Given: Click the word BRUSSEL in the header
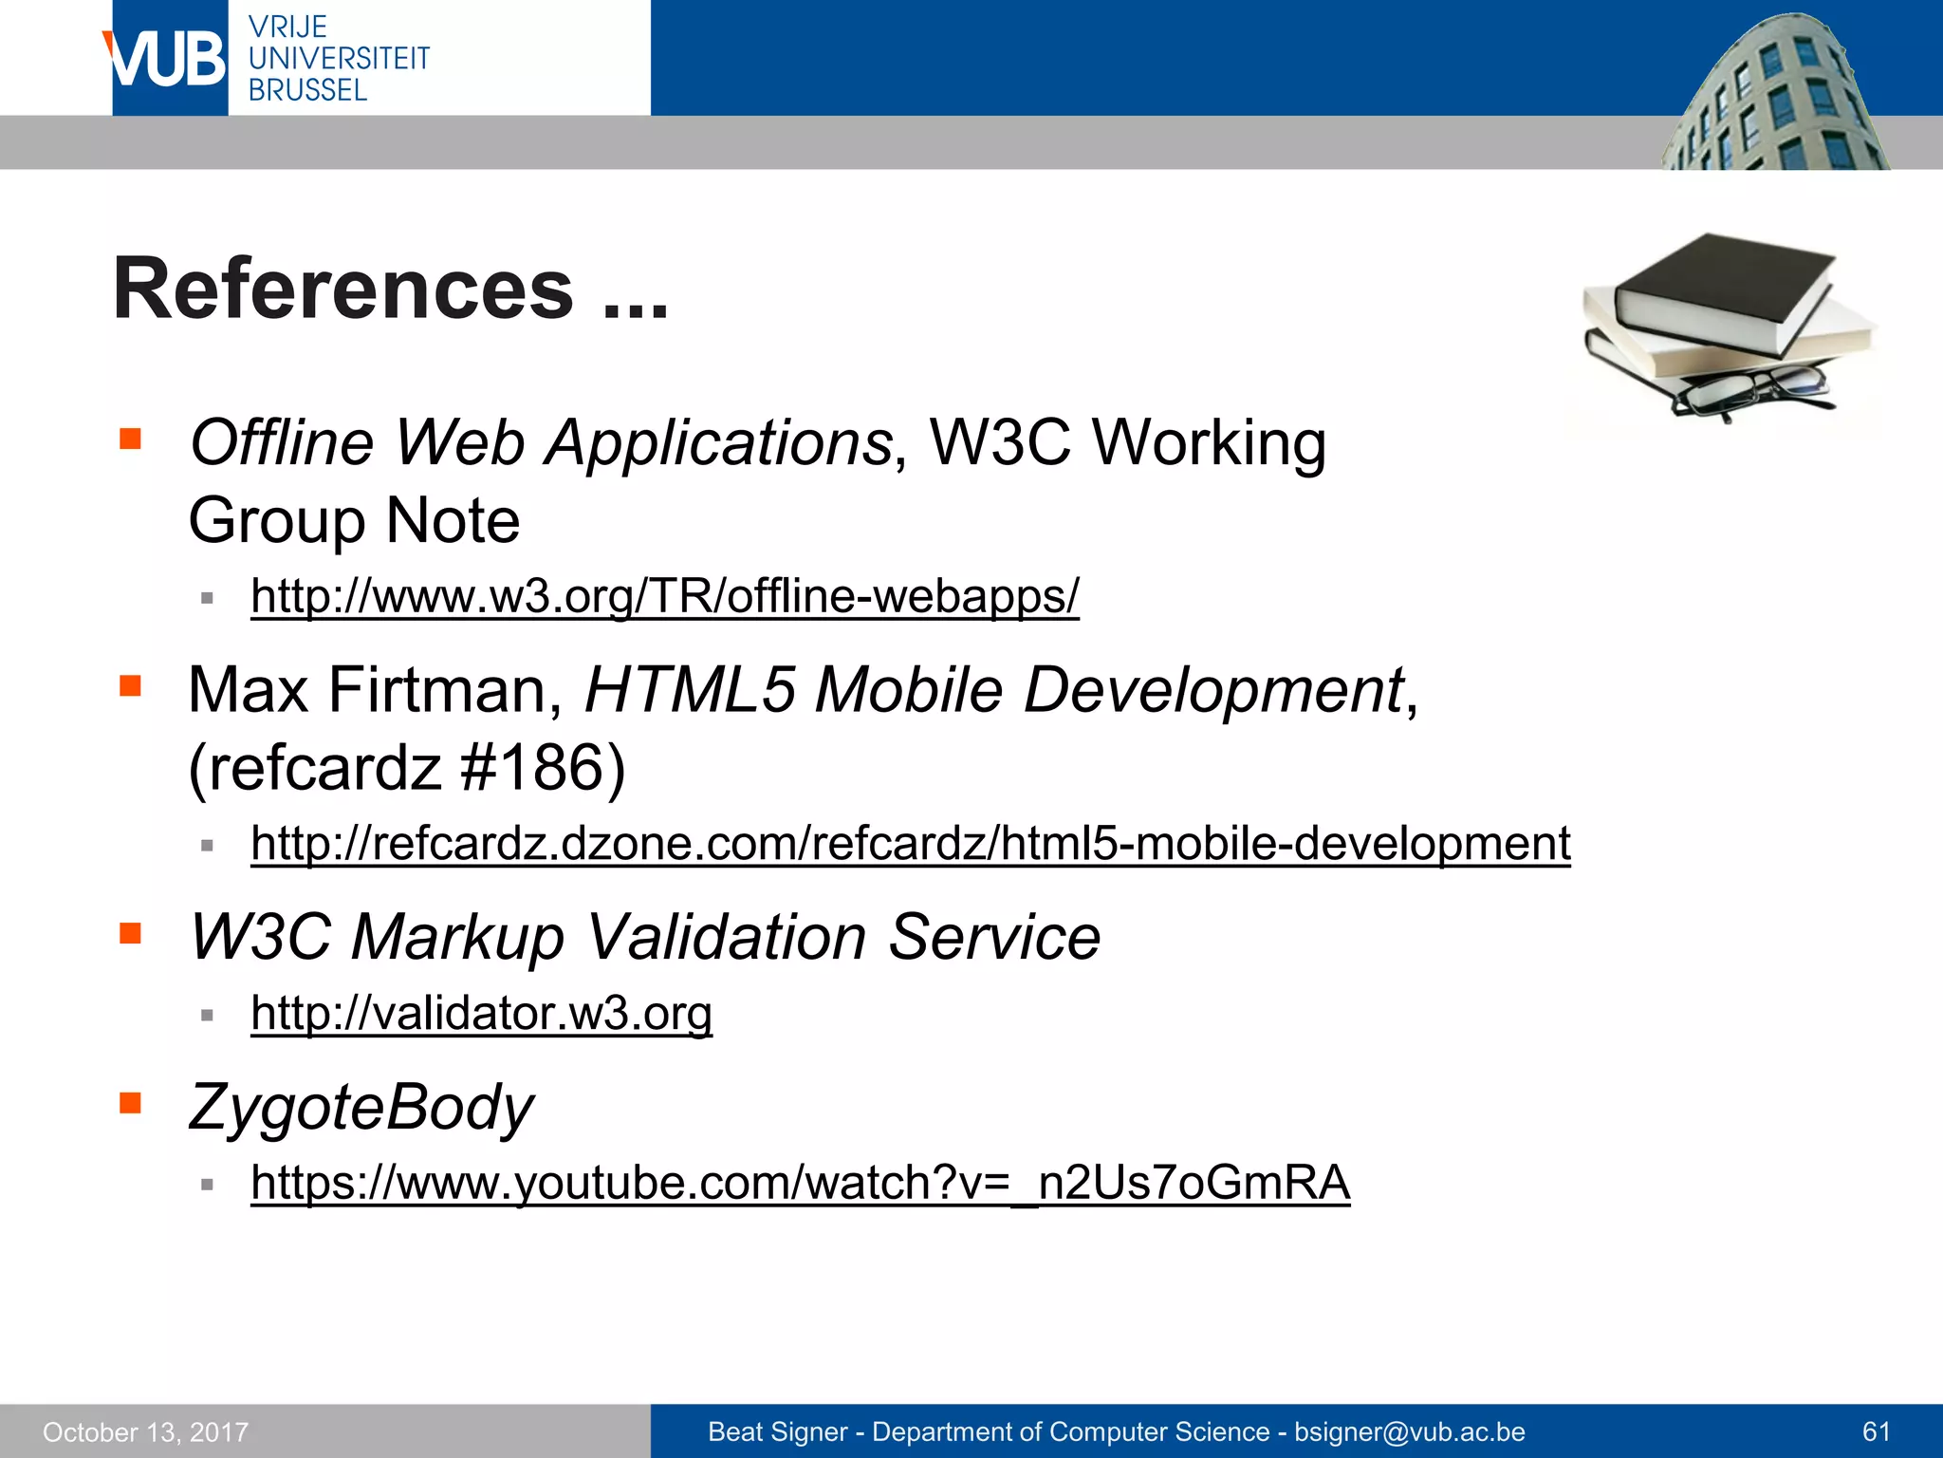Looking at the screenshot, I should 306,90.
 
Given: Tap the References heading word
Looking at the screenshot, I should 343,290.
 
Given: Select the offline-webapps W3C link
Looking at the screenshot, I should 664,596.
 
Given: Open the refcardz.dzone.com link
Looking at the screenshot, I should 910,843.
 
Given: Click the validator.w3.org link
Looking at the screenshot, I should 481,1013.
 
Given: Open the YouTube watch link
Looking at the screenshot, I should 800,1183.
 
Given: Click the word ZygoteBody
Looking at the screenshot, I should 361,1107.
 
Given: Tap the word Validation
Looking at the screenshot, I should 726,937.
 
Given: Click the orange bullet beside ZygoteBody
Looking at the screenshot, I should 130,1102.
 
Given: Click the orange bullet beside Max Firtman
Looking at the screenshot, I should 130,685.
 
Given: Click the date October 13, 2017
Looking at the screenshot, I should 145,1431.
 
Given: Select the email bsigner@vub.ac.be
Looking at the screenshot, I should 1409,1431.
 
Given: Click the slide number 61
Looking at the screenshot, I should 1876,1431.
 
